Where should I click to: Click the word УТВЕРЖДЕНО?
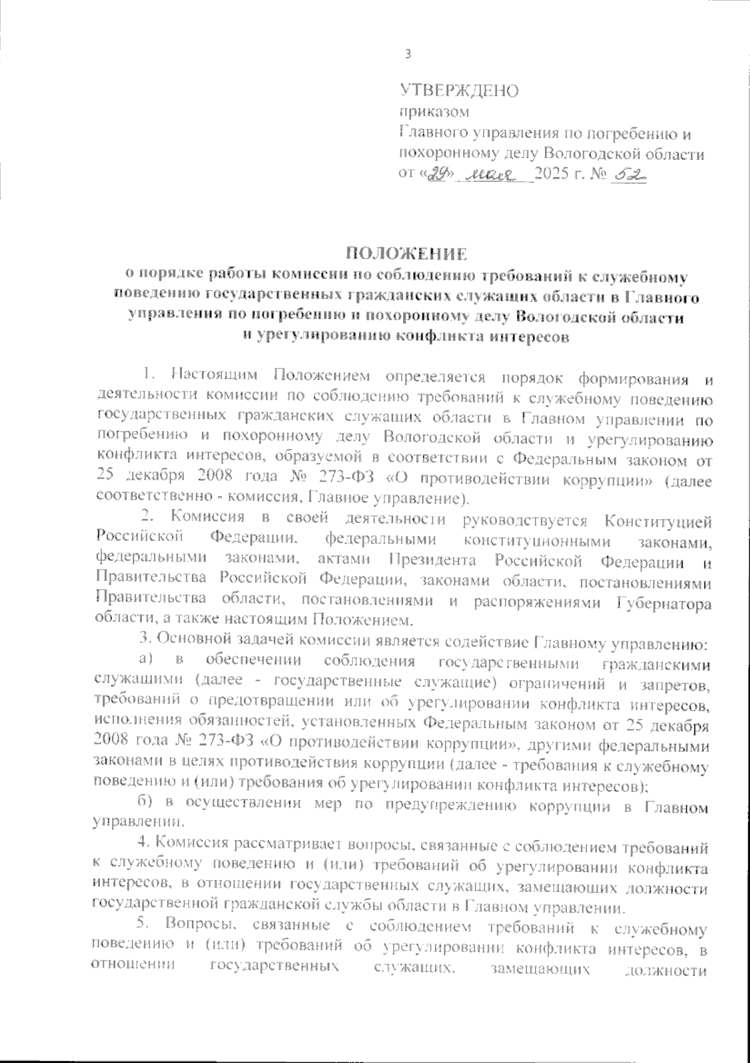459,91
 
